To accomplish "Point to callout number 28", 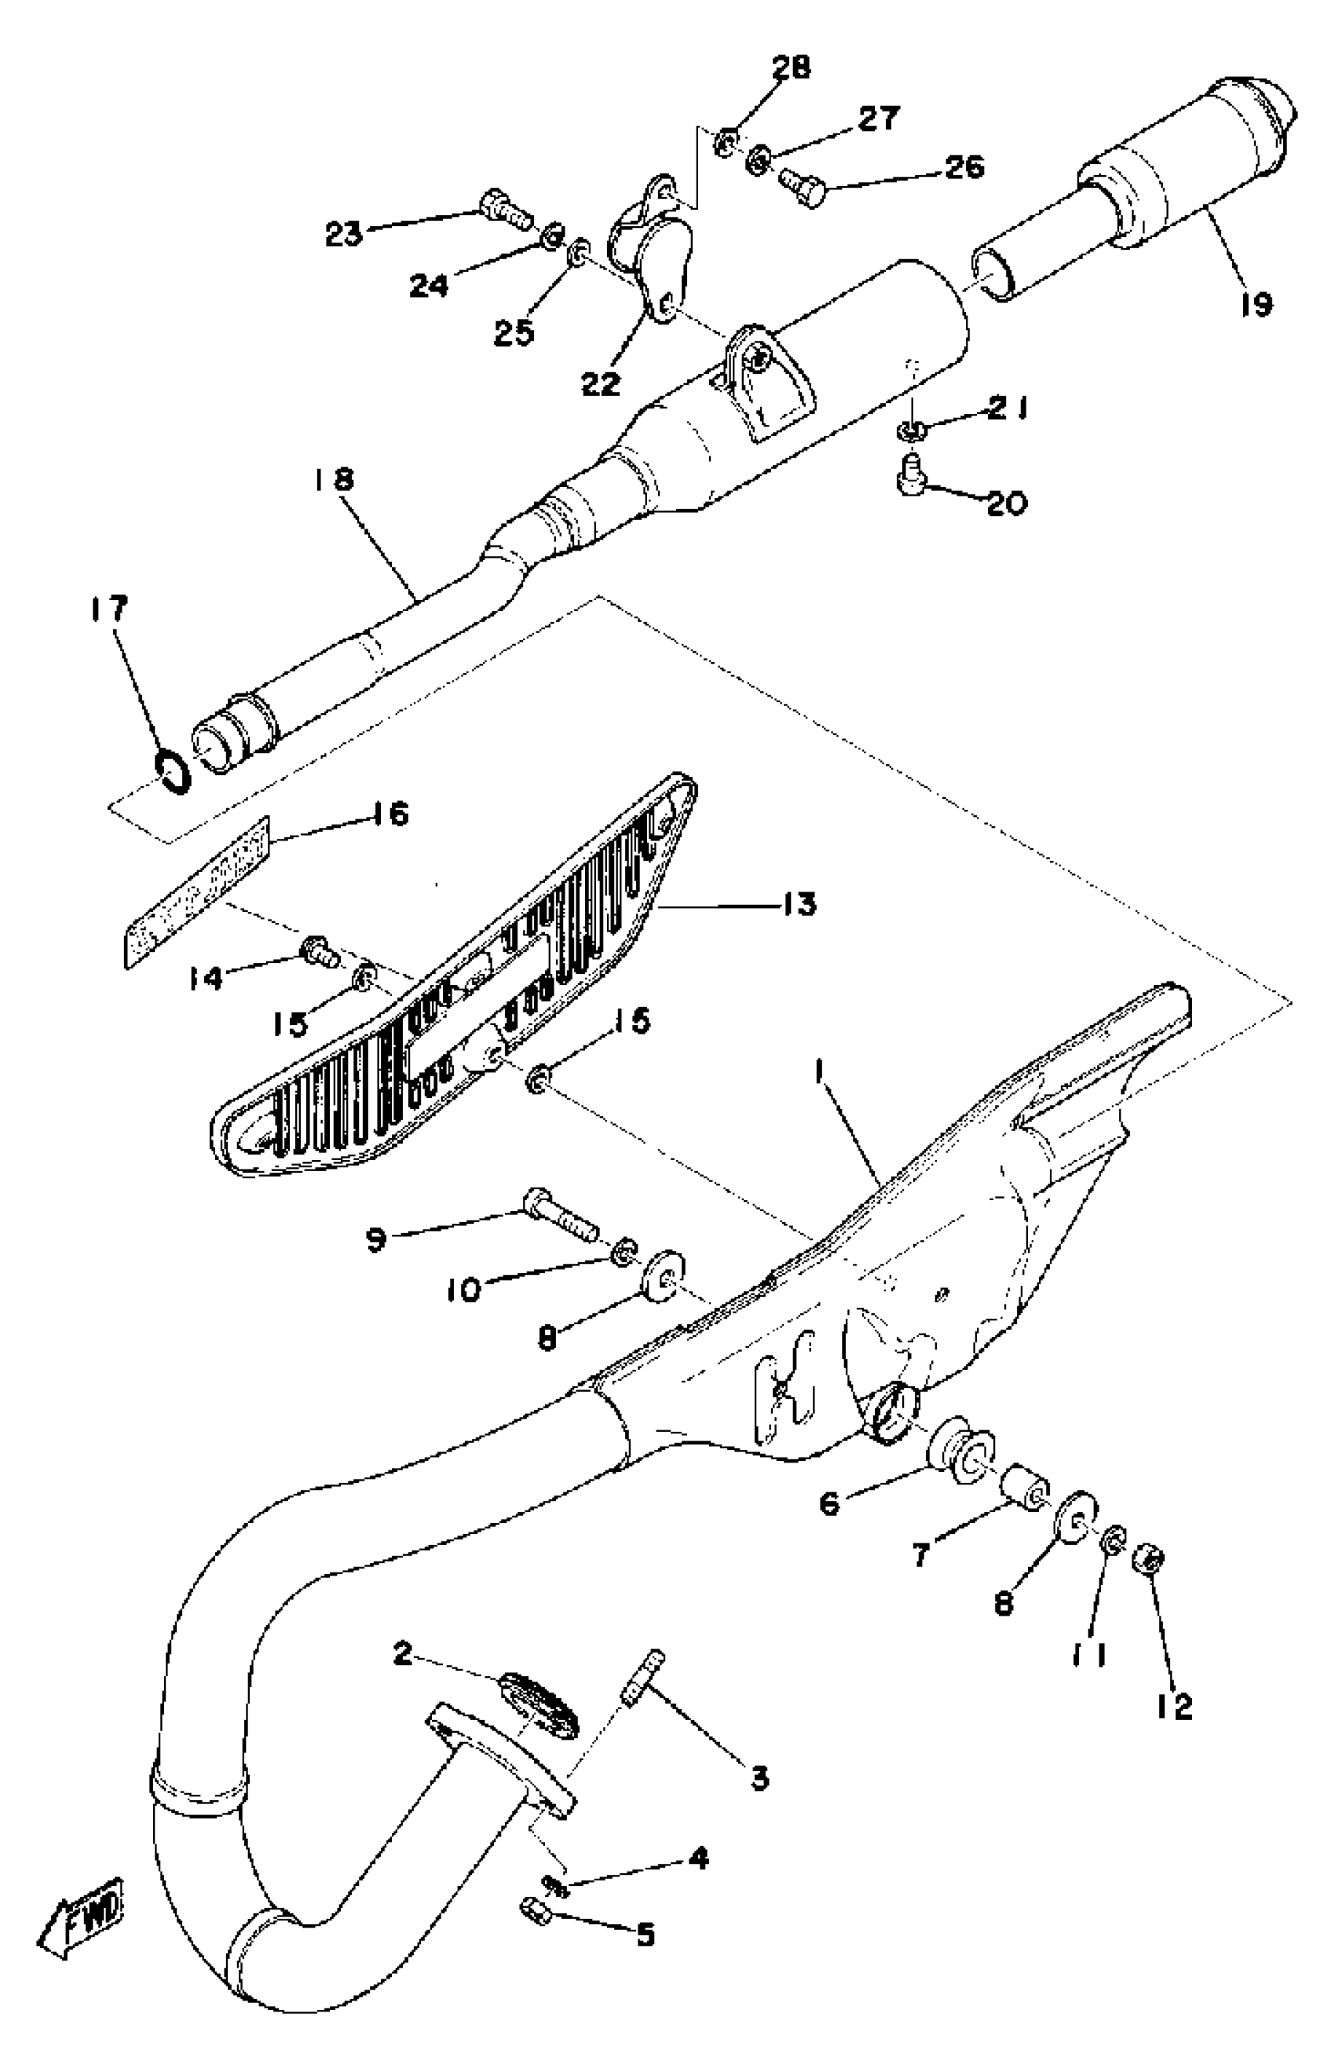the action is (790, 68).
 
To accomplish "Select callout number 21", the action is (1008, 410).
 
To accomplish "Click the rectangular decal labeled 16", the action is (195, 893).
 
